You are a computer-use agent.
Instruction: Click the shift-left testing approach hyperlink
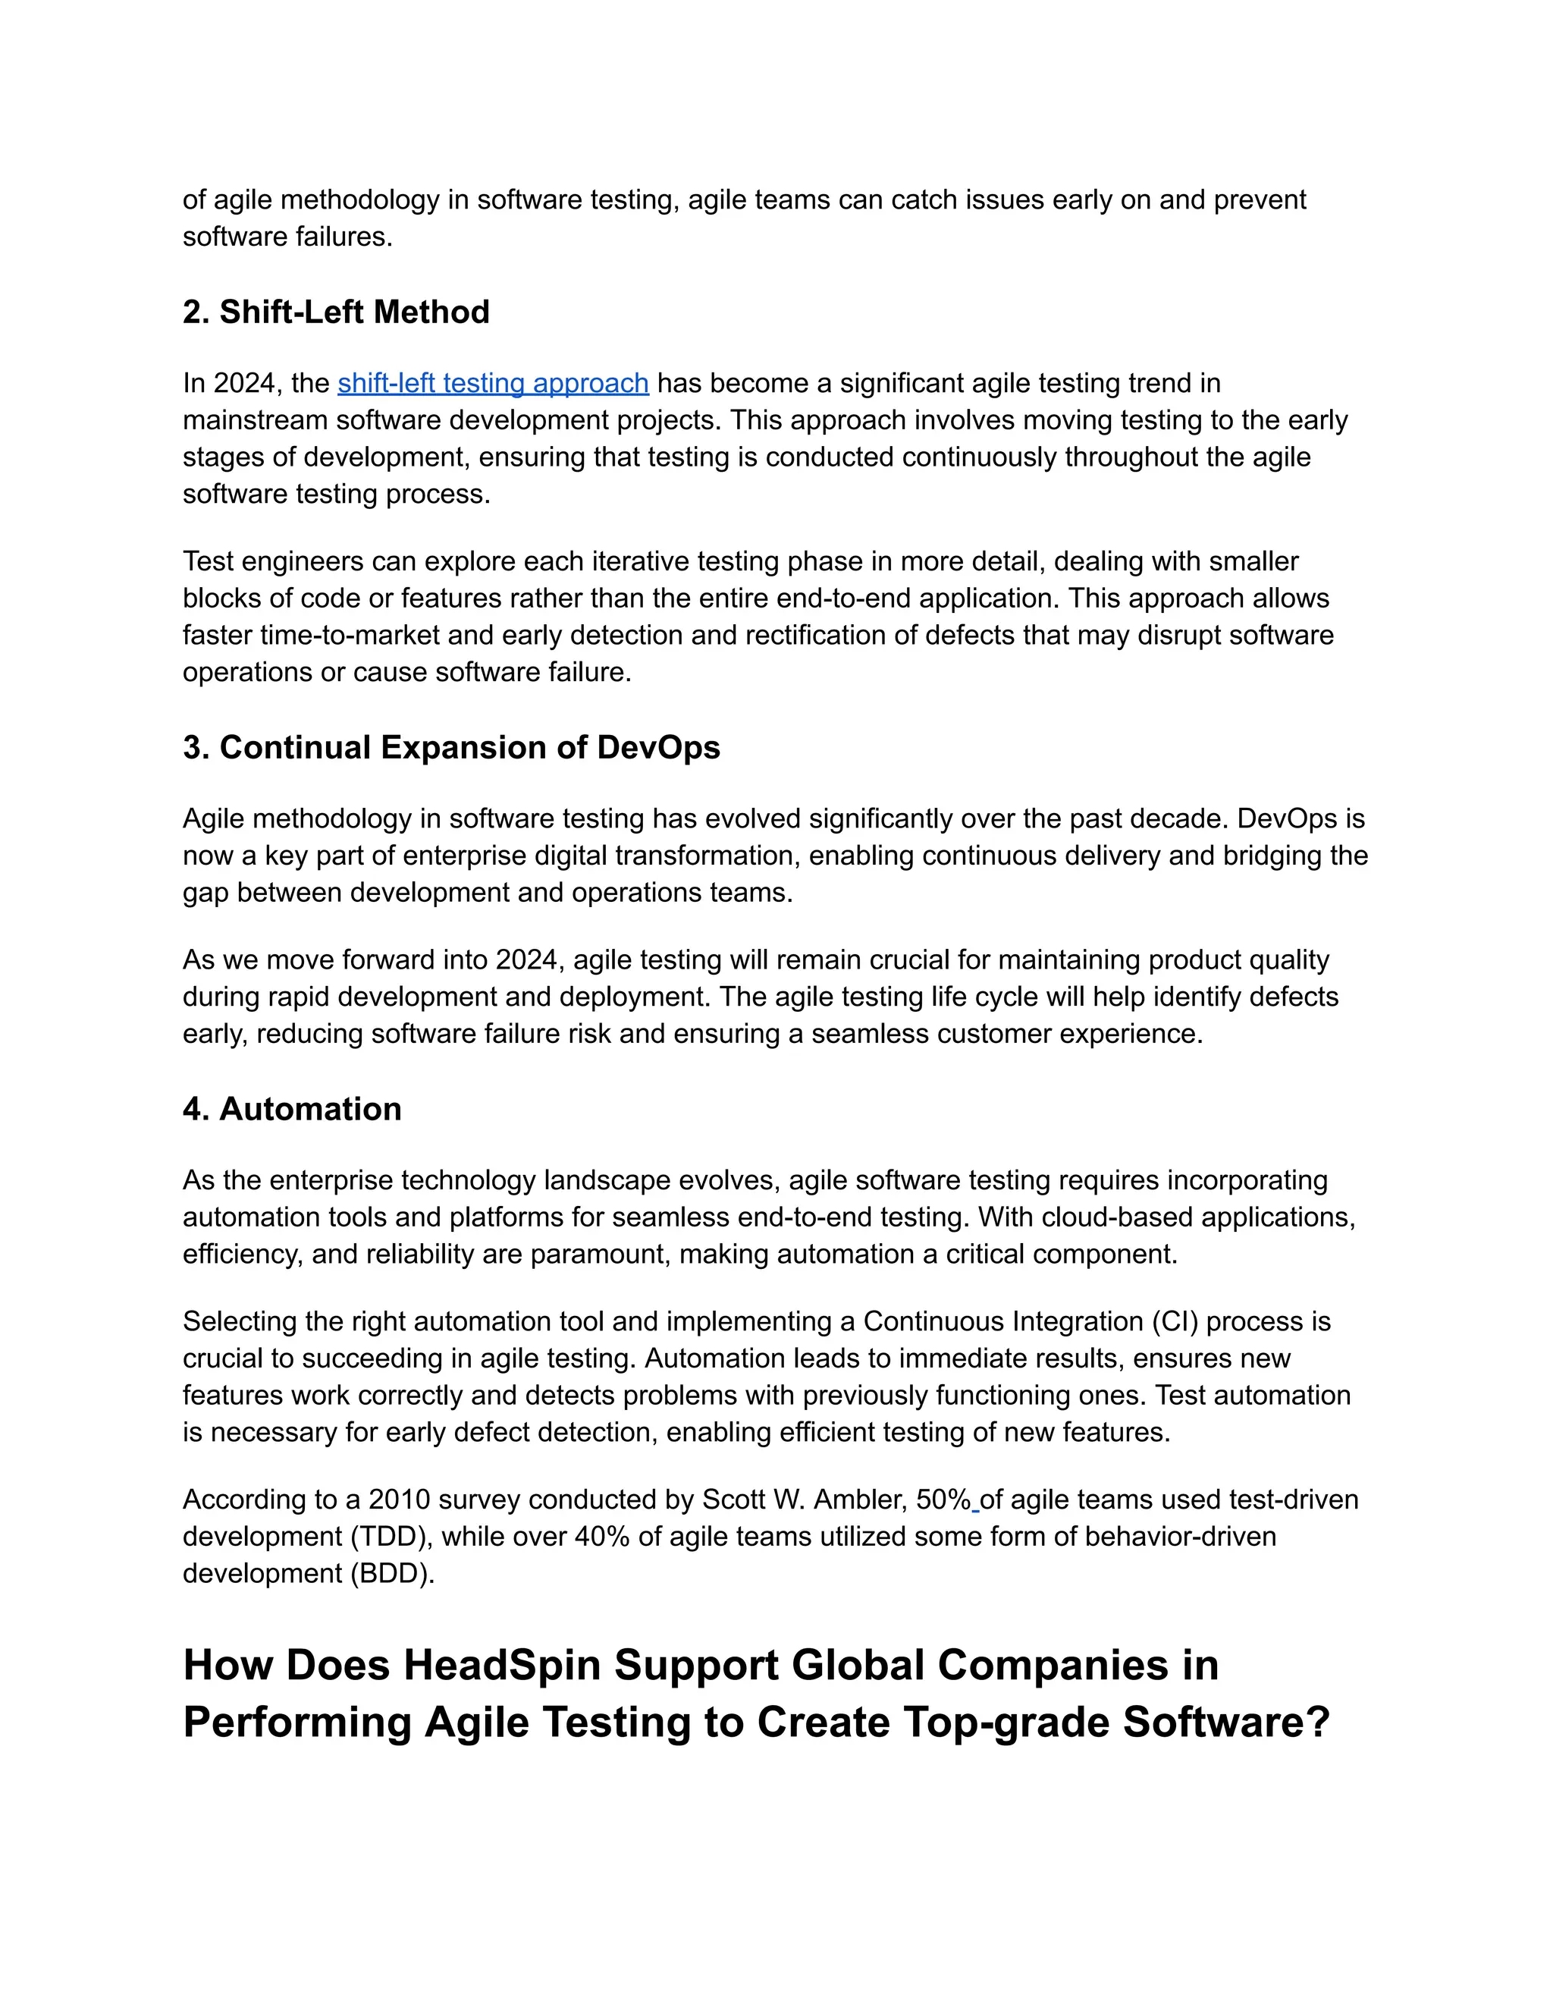(493, 383)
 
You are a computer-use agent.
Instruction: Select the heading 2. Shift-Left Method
(336, 312)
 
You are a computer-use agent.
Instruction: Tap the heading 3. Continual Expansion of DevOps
(451, 747)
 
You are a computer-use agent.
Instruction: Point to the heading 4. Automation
(292, 1109)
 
